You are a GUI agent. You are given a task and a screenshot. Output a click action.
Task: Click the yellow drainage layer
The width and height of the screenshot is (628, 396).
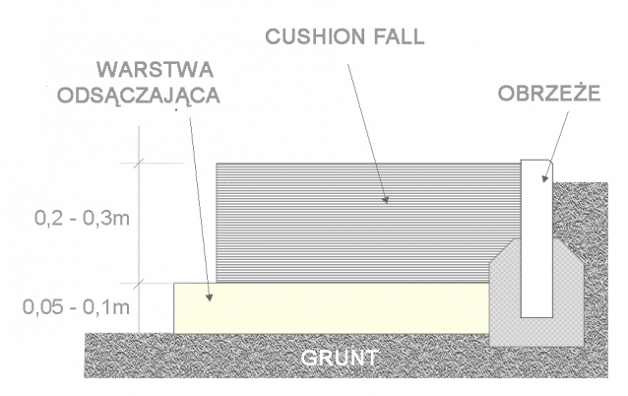(325, 306)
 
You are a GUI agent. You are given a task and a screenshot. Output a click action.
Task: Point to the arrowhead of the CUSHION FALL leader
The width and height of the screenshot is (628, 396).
(387, 201)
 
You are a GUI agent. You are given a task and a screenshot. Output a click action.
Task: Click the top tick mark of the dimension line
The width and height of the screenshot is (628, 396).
(139, 163)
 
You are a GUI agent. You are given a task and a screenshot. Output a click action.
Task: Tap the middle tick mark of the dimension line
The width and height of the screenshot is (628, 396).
(139, 283)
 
